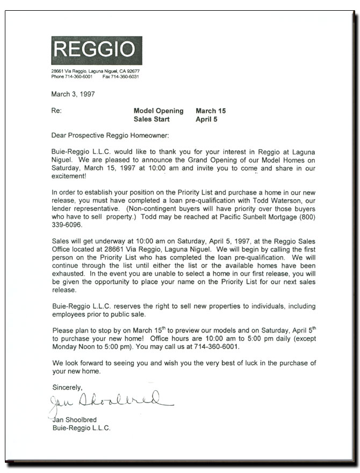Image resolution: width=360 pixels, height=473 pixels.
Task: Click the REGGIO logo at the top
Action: tap(97, 50)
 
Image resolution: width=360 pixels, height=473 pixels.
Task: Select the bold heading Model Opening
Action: tap(159, 111)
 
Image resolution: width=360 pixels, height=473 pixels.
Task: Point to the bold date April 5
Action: tap(207, 119)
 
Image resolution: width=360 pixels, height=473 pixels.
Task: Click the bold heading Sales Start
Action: tap(152, 119)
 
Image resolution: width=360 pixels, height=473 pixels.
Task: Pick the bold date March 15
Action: tap(211, 111)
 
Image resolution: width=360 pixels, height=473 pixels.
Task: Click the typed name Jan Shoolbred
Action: tap(76, 420)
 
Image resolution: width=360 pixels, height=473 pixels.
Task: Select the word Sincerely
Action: tap(67, 387)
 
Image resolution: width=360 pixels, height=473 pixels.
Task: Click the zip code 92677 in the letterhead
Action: tap(133, 71)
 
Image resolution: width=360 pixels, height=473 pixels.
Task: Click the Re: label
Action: tap(56, 111)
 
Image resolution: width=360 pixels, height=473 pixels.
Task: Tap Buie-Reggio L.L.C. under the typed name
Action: tap(81, 428)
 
